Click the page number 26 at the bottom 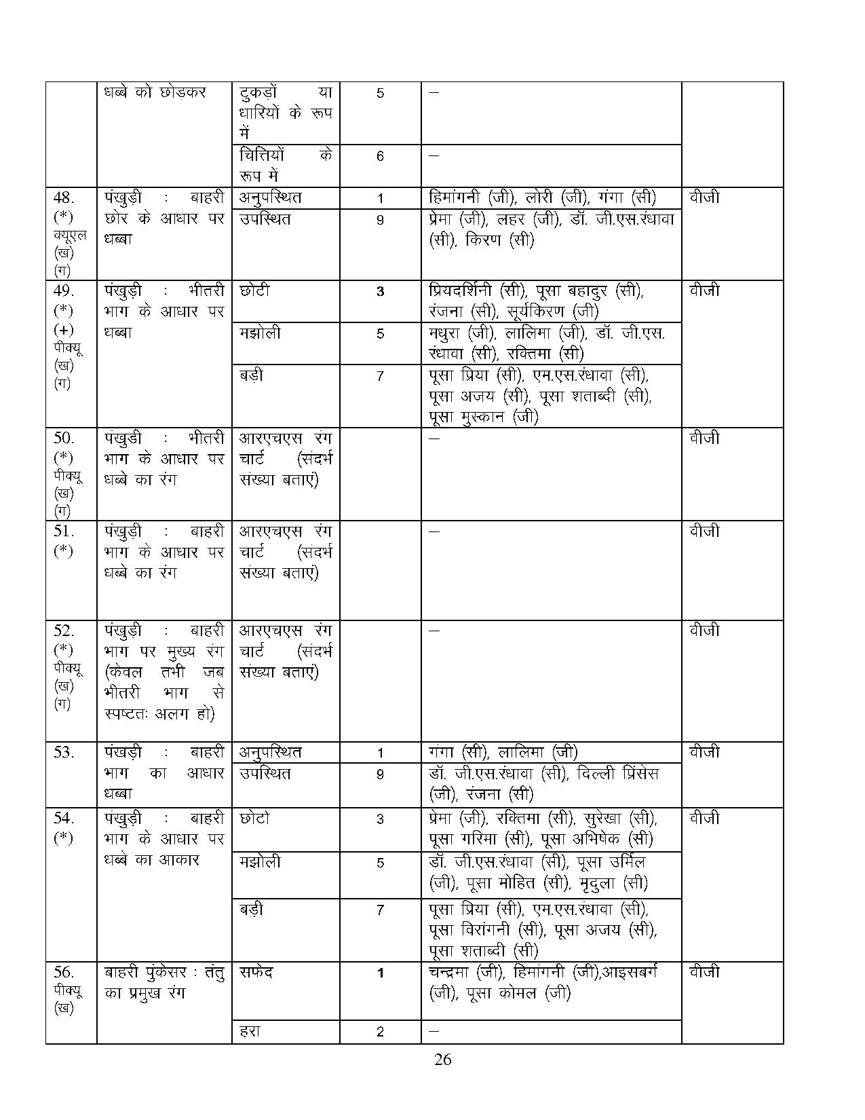pyautogui.click(x=442, y=1060)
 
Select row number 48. pyautogui.click(x=63, y=198)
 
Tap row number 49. pyautogui.click(x=63, y=291)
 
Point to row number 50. pyautogui.click(x=63, y=438)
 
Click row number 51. pyautogui.click(x=63, y=531)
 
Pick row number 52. pyautogui.click(x=63, y=631)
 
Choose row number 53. pyautogui.click(x=63, y=752)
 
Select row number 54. pyautogui.click(x=63, y=818)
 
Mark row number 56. pyautogui.click(x=63, y=972)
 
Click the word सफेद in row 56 pyautogui.click(x=256, y=972)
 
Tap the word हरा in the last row pyautogui.click(x=250, y=1032)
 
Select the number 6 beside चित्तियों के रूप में pyautogui.click(x=380, y=157)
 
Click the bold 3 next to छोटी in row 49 pyautogui.click(x=380, y=291)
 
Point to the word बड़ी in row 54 pyautogui.click(x=252, y=910)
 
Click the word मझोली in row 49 pyautogui.click(x=261, y=333)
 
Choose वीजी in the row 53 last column pyautogui.click(x=704, y=752)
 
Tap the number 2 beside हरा pyautogui.click(x=380, y=1032)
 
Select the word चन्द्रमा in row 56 pyautogui.click(x=451, y=972)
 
